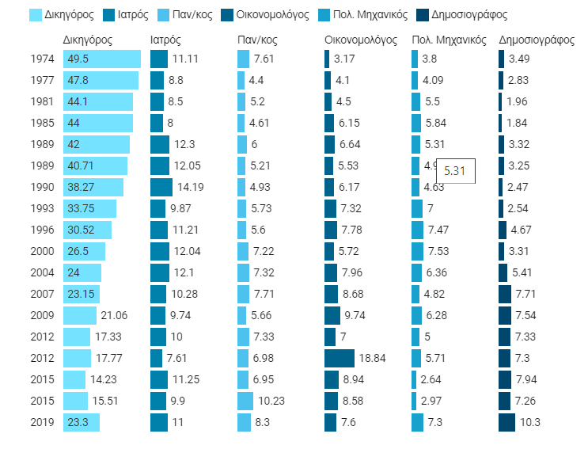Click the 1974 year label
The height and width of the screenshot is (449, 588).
[x=42, y=59]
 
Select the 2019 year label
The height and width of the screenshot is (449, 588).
[x=42, y=423]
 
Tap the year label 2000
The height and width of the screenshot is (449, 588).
[x=42, y=252]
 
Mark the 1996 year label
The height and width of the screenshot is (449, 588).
[x=42, y=230]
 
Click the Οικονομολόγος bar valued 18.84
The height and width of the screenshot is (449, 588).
[x=340, y=359]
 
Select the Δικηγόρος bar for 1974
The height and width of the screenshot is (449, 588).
[x=101, y=59]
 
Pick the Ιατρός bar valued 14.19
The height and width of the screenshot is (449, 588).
[x=161, y=188]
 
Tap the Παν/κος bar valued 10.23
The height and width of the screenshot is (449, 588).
[x=245, y=401]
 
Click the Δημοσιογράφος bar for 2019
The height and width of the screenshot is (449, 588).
[x=506, y=423]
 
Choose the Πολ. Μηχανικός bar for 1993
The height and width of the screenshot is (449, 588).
[x=417, y=209]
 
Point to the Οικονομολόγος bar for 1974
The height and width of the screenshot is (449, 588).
[x=327, y=59]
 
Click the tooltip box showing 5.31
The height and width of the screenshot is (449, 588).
[x=455, y=171]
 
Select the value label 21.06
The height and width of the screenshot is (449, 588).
[x=114, y=316]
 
